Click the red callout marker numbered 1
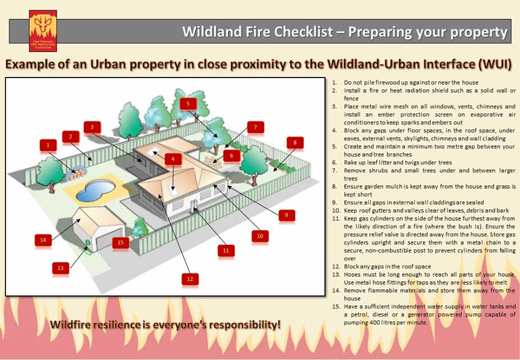click(x=48, y=145)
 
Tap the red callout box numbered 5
click(x=188, y=104)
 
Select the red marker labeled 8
click(x=295, y=143)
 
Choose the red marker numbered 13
click(x=61, y=267)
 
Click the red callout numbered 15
click(x=121, y=242)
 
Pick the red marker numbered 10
click(x=260, y=236)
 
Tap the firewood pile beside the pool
click(x=77, y=175)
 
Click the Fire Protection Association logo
click(x=43, y=30)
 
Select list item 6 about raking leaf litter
click(x=398, y=163)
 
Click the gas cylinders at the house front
click(x=194, y=205)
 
